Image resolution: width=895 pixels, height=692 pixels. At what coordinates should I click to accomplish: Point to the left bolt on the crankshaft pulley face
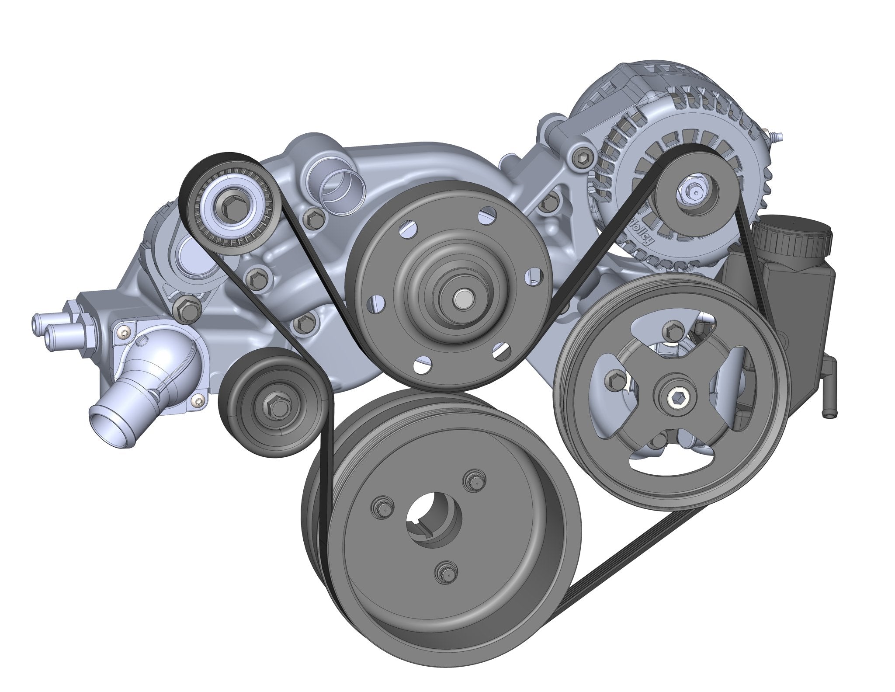pyautogui.click(x=380, y=506)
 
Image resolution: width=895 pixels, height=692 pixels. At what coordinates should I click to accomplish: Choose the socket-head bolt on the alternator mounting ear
pyautogui.click(x=583, y=154)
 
